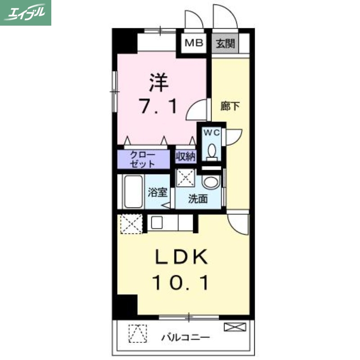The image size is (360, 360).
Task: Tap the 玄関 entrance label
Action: coord(225,44)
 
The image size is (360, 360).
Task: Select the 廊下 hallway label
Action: coord(230,107)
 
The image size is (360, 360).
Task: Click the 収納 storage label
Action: coord(185,157)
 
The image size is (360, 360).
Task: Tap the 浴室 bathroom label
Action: coord(157,193)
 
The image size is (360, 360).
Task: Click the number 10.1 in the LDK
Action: coord(180,283)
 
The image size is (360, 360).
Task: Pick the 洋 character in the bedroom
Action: coord(159,83)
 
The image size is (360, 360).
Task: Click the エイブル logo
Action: coord(26,12)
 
